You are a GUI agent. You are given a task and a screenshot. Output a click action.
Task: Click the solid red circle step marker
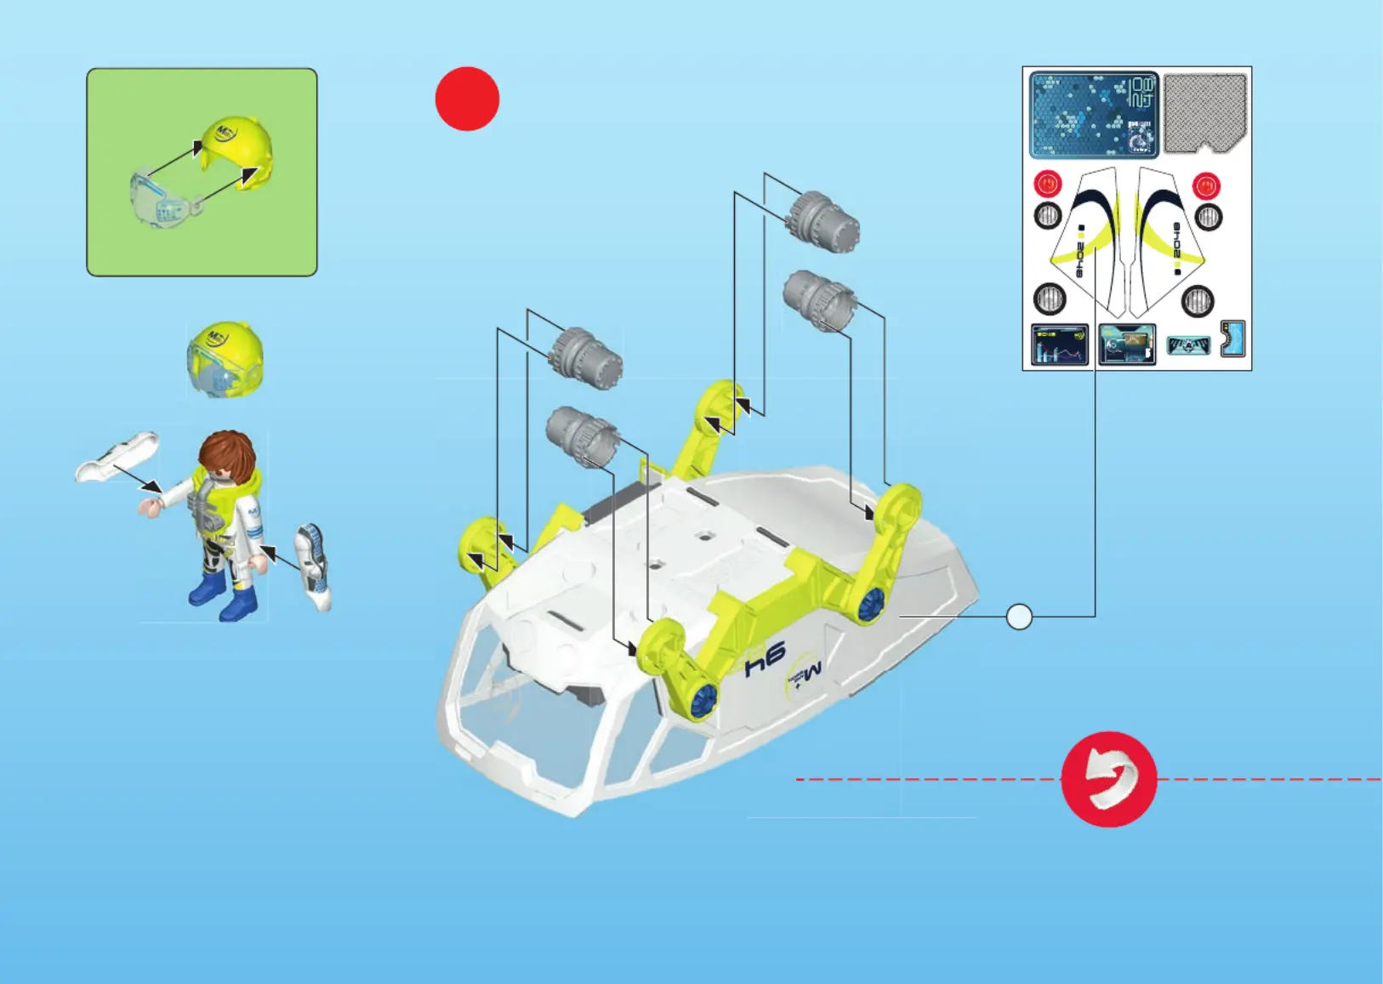(x=467, y=99)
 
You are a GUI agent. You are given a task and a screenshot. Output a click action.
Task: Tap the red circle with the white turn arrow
(x=1109, y=779)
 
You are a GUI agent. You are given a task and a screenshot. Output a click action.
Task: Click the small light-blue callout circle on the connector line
(x=1019, y=617)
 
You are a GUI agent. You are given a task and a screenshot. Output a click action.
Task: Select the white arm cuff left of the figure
(x=117, y=456)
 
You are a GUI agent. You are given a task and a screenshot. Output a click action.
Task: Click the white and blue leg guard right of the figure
(x=313, y=566)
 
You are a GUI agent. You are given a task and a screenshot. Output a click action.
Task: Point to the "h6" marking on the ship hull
(x=765, y=658)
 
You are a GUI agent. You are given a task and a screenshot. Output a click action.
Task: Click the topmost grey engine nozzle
(x=822, y=220)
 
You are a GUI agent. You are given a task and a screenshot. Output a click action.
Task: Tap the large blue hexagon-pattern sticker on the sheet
(x=1094, y=115)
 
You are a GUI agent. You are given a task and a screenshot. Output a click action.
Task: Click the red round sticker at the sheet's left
(x=1048, y=184)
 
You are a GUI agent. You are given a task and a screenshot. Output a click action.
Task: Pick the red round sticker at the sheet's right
(x=1206, y=185)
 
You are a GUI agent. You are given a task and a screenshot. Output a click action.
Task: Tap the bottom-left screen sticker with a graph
(x=1059, y=344)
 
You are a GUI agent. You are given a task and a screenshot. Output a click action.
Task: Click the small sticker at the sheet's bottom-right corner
(x=1232, y=338)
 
